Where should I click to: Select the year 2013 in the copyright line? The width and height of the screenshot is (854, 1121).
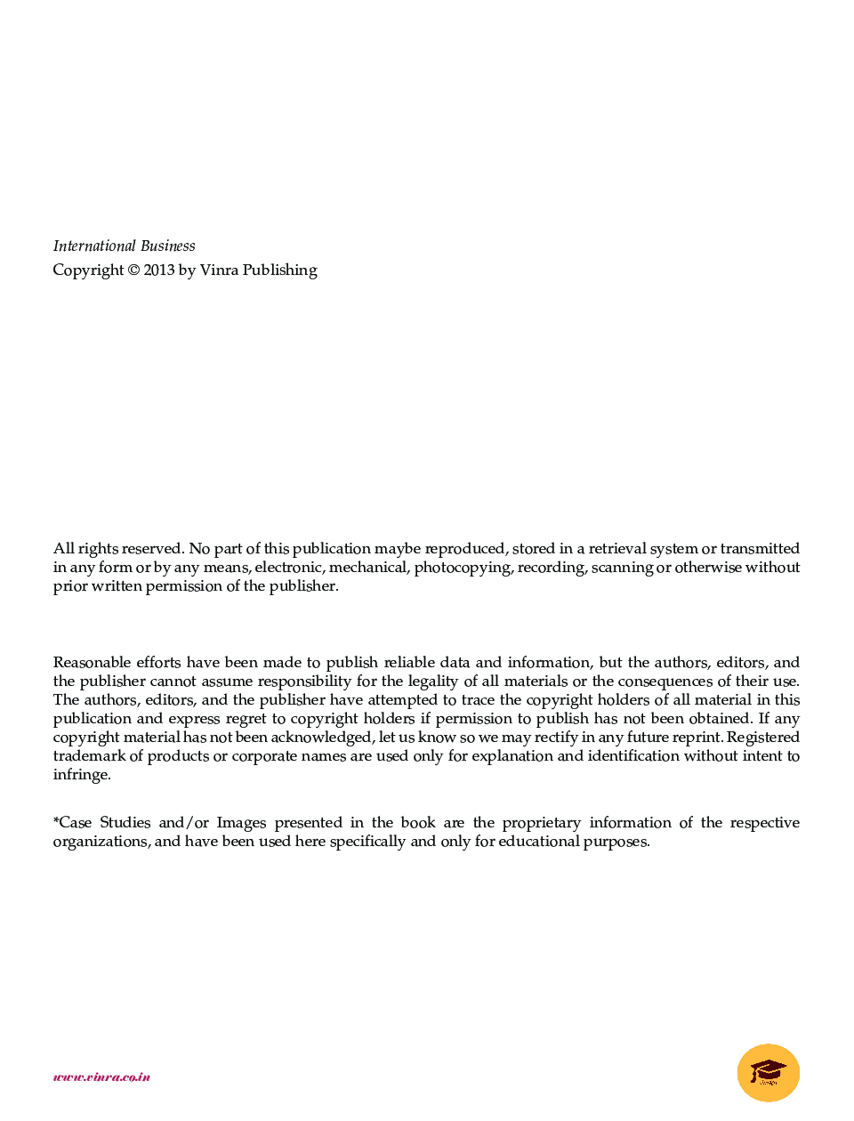click(x=159, y=270)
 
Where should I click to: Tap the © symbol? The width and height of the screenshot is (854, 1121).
click(x=133, y=270)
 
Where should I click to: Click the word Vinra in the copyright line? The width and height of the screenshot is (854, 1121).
click(x=219, y=270)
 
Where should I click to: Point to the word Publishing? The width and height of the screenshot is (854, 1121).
click(x=280, y=270)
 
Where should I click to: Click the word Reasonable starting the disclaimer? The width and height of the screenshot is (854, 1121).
click(x=92, y=663)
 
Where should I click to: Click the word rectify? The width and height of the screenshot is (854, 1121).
click(x=556, y=738)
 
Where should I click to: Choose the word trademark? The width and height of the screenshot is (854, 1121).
click(x=89, y=756)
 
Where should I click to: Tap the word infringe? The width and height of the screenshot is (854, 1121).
click(x=81, y=775)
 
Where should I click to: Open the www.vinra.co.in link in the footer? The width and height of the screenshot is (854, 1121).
click(x=101, y=1077)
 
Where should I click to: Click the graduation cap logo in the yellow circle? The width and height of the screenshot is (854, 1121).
click(x=769, y=1072)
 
